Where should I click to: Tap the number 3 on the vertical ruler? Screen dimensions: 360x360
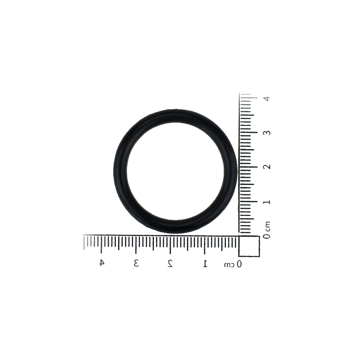(x=266, y=133)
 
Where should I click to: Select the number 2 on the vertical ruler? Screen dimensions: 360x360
(x=266, y=167)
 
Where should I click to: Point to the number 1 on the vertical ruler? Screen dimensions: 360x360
(x=266, y=202)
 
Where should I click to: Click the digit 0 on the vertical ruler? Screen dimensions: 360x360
(x=266, y=236)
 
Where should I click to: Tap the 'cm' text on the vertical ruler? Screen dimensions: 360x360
(x=267, y=226)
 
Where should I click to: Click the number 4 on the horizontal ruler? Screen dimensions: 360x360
(x=102, y=263)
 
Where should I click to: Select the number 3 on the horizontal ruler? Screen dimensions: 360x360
(x=136, y=263)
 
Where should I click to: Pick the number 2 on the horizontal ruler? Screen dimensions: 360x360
(x=170, y=263)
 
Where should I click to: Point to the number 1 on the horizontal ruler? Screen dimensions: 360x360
(x=205, y=263)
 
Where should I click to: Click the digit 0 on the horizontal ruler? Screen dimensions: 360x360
(x=239, y=264)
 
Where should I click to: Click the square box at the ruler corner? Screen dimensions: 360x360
(x=249, y=246)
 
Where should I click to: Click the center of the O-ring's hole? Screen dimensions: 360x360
(x=175, y=171)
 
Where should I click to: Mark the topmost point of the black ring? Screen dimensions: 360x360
(x=175, y=109)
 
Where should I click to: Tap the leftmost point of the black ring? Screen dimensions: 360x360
(x=113, y=171)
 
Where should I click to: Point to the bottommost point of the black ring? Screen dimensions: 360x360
(x=175, y=234)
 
